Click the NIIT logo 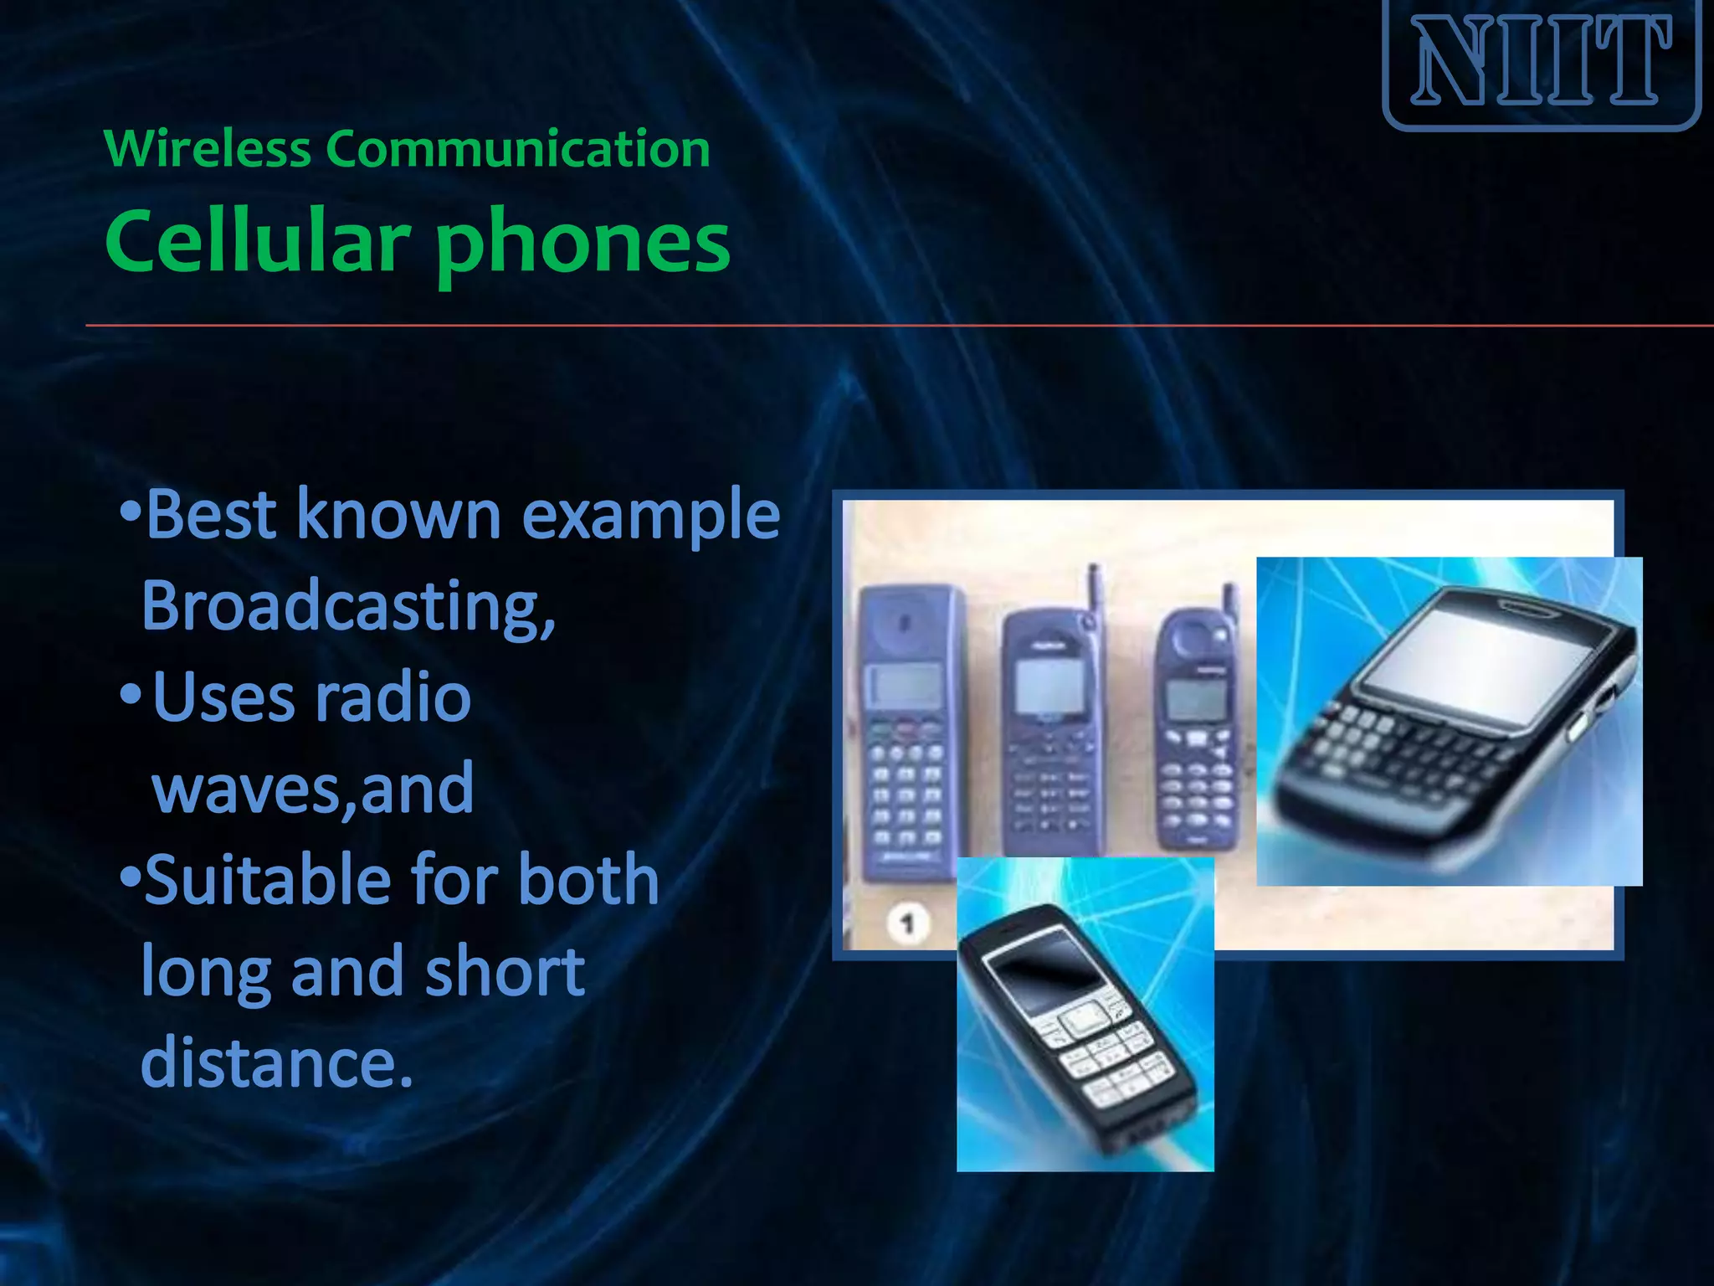coord(1542,62)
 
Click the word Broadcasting coord(347,606)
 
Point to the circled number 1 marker coord(907,923)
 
